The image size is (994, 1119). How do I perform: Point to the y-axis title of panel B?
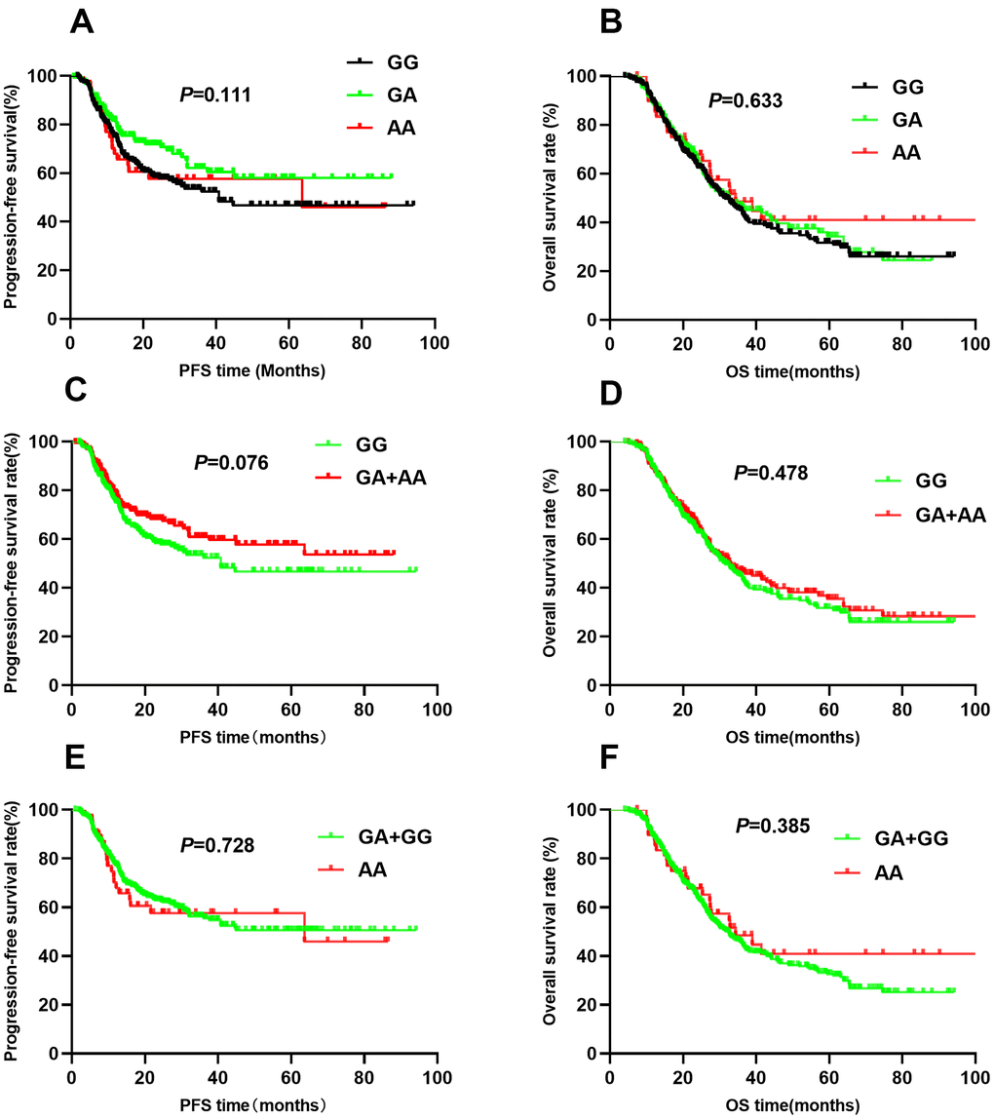tap(552, 198)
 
